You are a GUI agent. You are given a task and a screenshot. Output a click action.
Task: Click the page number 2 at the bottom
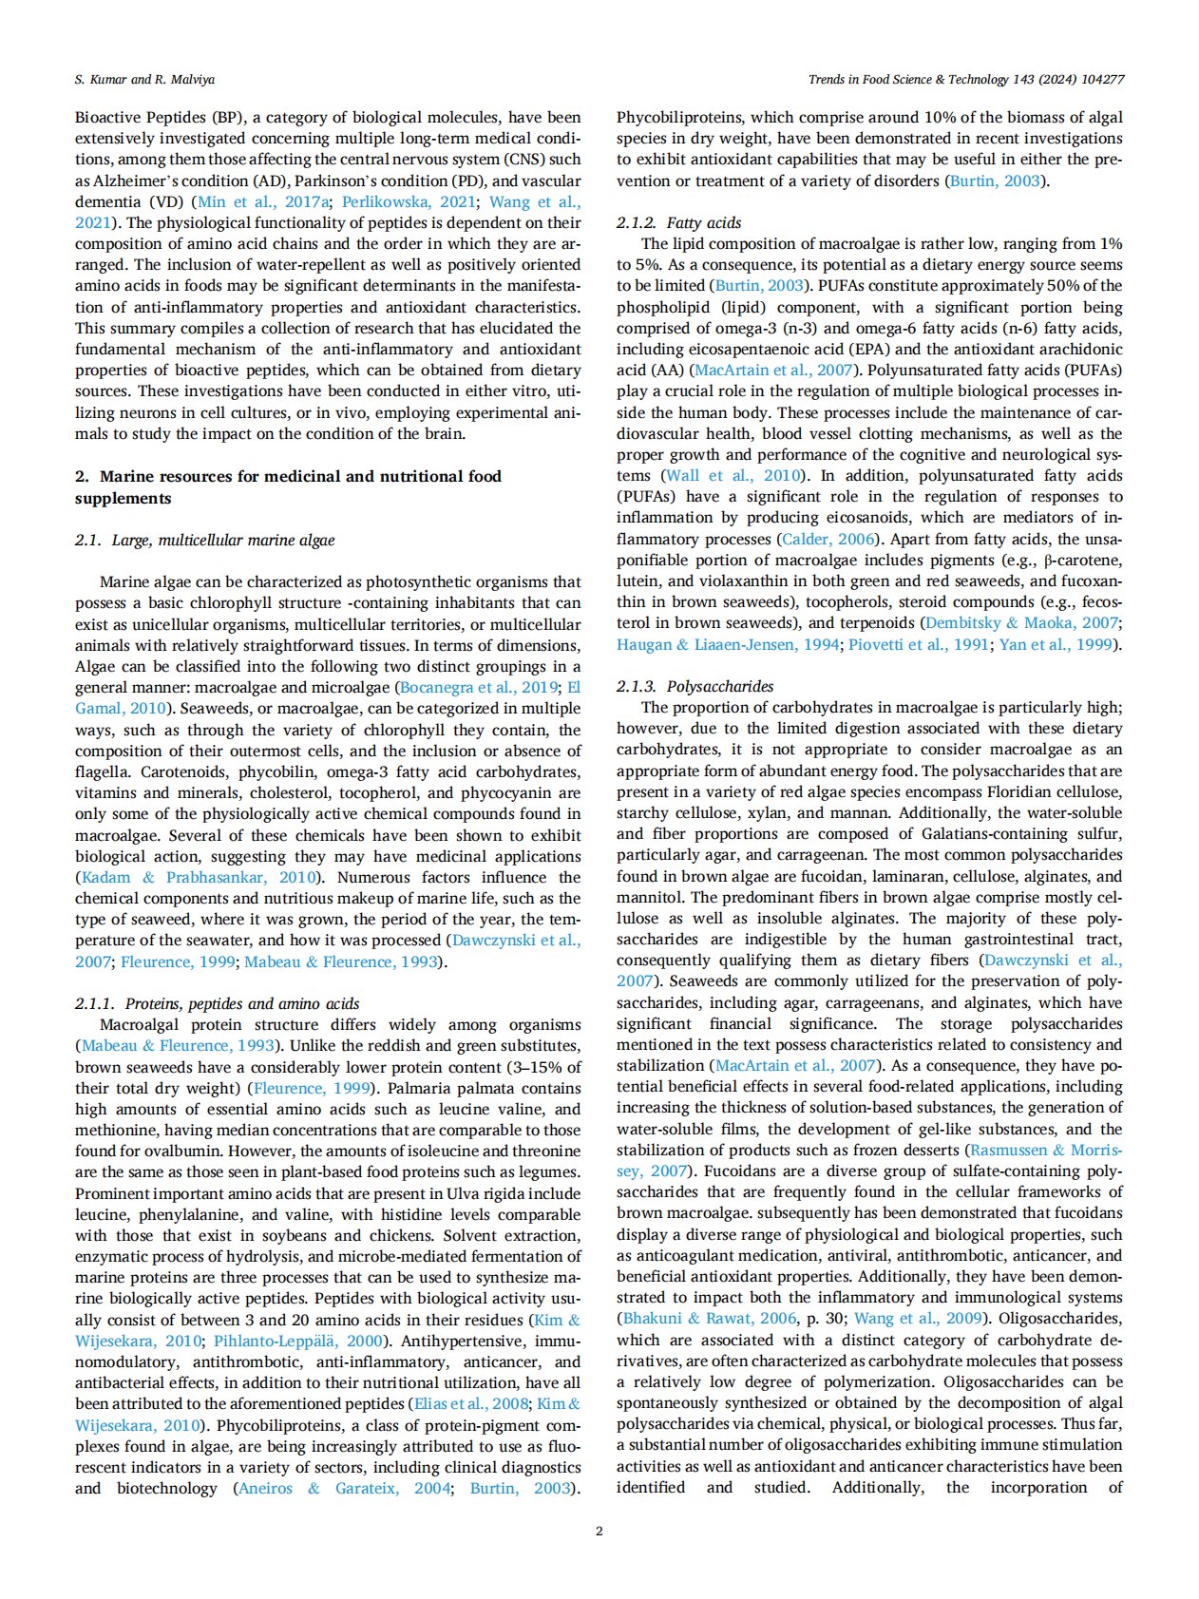point(599,1531)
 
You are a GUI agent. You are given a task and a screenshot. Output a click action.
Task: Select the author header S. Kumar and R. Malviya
point(144,79)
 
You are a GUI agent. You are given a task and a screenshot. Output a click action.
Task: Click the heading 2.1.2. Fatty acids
point(678,222)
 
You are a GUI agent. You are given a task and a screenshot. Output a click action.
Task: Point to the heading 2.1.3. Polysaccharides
point(695,686)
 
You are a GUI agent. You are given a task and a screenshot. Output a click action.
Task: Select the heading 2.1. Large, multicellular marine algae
point(204,540)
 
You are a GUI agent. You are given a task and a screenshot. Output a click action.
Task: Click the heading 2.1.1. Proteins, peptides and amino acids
point(218,1003)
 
